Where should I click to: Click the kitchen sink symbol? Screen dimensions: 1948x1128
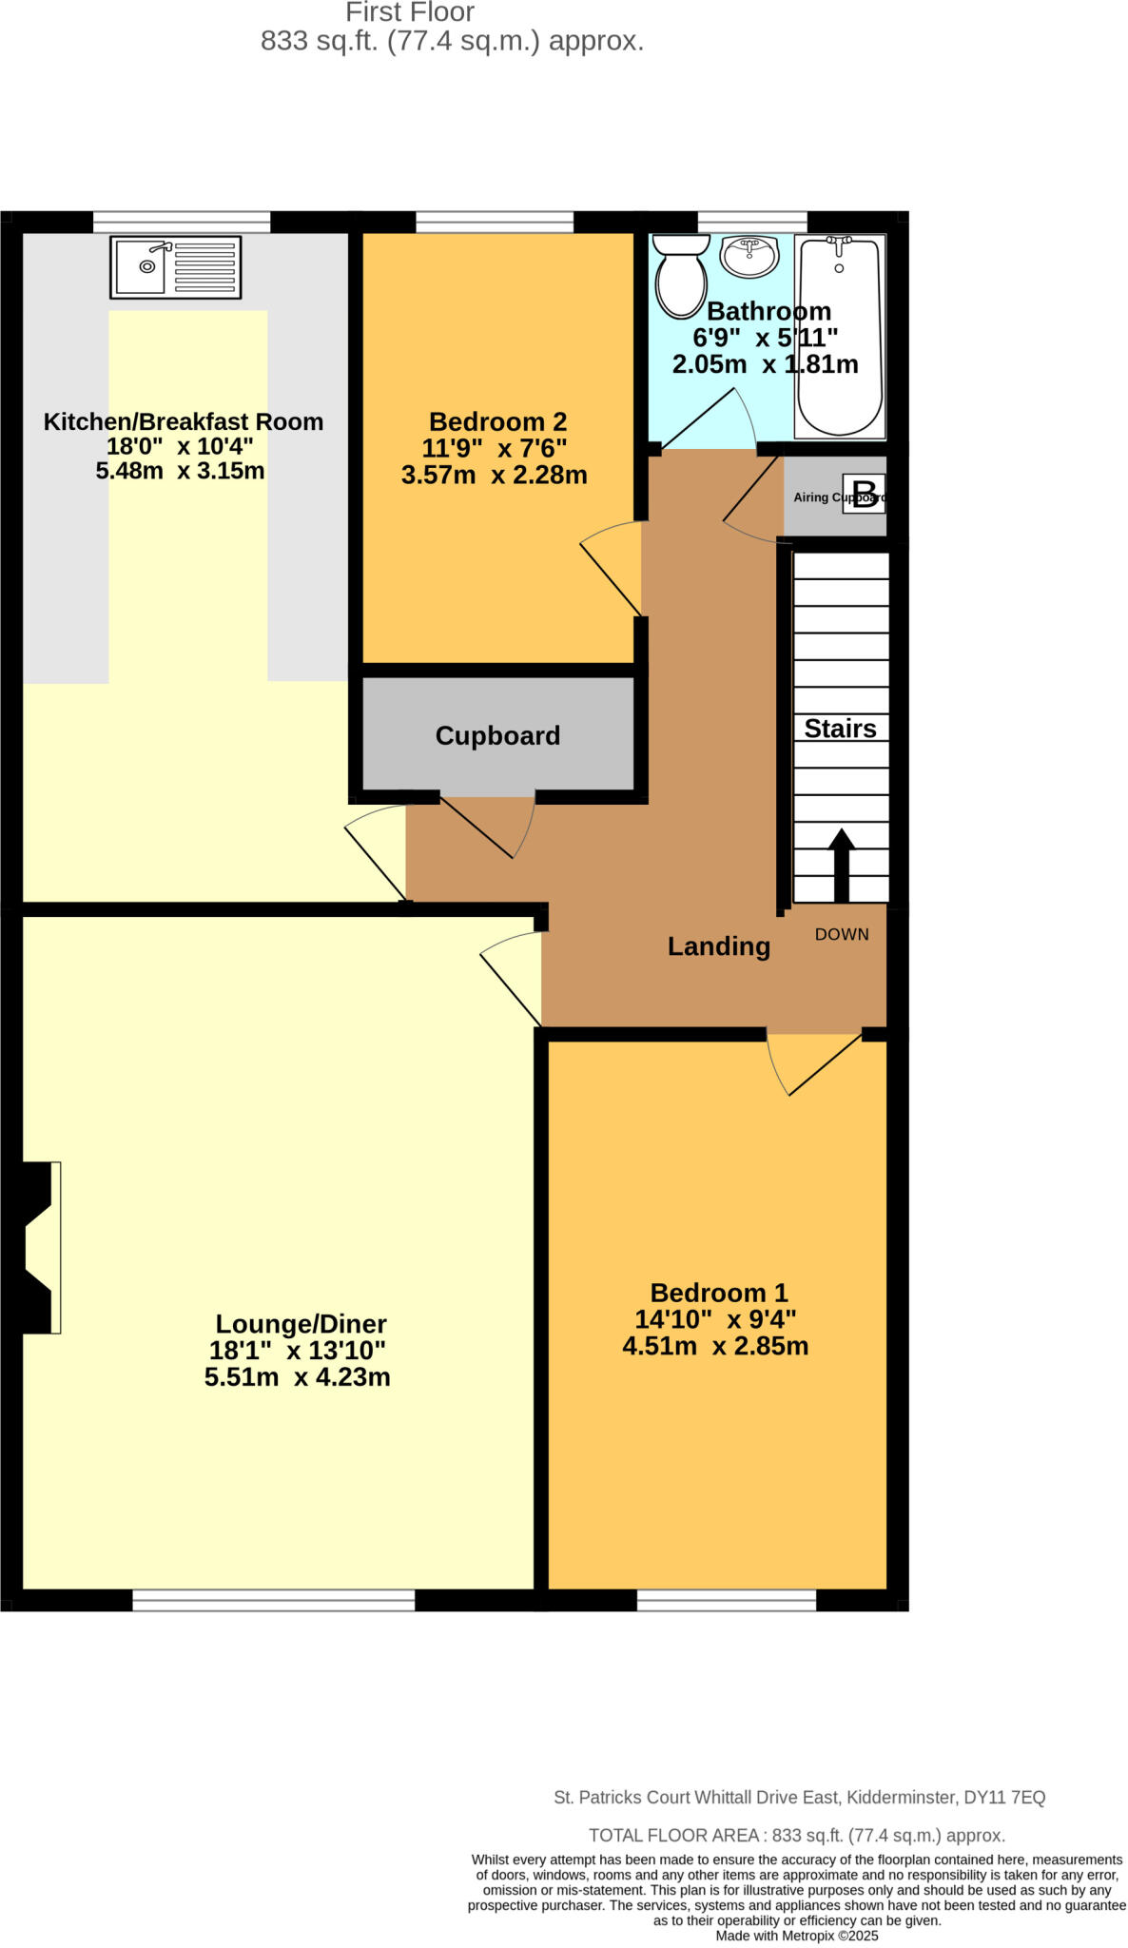coord(176,267)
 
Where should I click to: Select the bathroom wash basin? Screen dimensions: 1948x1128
coord(749,255)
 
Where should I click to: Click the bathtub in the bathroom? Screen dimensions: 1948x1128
coord(839,335)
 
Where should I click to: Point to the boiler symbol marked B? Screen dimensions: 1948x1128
coord(864,495)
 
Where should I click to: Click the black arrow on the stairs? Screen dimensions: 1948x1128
coord(841,864)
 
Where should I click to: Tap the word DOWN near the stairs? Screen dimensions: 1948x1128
coord(842,934)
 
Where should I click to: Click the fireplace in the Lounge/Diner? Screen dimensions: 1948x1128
coord(40,1246)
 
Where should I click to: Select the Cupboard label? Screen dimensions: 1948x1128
coord(497,735)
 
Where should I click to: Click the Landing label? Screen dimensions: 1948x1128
coord(718,946)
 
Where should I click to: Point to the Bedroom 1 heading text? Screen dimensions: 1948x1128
coord(719,1293)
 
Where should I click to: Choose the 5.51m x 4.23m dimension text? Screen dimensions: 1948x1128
coord(298,1376)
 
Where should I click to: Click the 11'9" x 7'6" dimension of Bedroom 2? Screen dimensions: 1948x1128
coord(495,448)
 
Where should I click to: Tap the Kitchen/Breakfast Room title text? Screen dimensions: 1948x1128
coord(184,421)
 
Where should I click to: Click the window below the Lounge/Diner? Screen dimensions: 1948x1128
coord(274,1600)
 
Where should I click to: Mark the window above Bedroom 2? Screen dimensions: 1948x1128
coord(495,223)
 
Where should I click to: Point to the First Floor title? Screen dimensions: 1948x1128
coord(410,12)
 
